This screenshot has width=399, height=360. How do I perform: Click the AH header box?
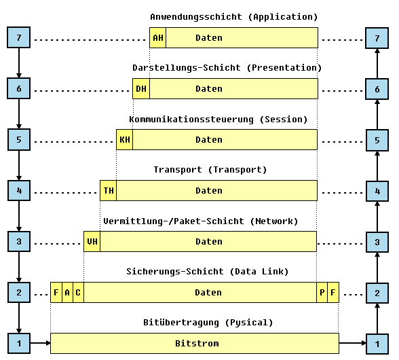pos(157,38)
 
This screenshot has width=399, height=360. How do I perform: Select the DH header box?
pos(141,89)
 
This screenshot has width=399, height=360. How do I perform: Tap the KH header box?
pos(125,140)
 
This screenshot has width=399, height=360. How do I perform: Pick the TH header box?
pos(109,191)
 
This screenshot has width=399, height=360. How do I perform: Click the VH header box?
pos(92,242)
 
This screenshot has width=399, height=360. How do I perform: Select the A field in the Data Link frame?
pos(67,293)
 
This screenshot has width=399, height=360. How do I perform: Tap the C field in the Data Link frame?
pos(79,293)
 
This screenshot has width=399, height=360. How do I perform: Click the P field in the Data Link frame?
pos(322,293)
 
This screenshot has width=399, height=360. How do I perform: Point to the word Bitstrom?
pos(197,344)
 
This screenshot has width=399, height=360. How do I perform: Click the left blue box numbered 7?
pos(19,37)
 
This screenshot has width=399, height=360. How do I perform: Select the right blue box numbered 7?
pos(377,38)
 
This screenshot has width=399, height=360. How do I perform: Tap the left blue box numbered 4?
pos(19,191)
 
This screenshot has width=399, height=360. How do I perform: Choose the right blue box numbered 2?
pos(377,293)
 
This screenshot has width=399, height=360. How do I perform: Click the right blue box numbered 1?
pos(377,344)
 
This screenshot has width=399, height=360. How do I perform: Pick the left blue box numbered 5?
pos(19,140)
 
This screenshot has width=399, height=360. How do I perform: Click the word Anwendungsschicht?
pos(196,17)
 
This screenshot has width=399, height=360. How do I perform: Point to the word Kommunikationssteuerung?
pos(191,120)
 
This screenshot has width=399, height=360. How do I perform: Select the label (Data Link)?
pos(259,272)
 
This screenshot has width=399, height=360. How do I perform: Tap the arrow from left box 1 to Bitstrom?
pos(41,343)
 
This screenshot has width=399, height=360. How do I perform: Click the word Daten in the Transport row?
pos(209,191)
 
